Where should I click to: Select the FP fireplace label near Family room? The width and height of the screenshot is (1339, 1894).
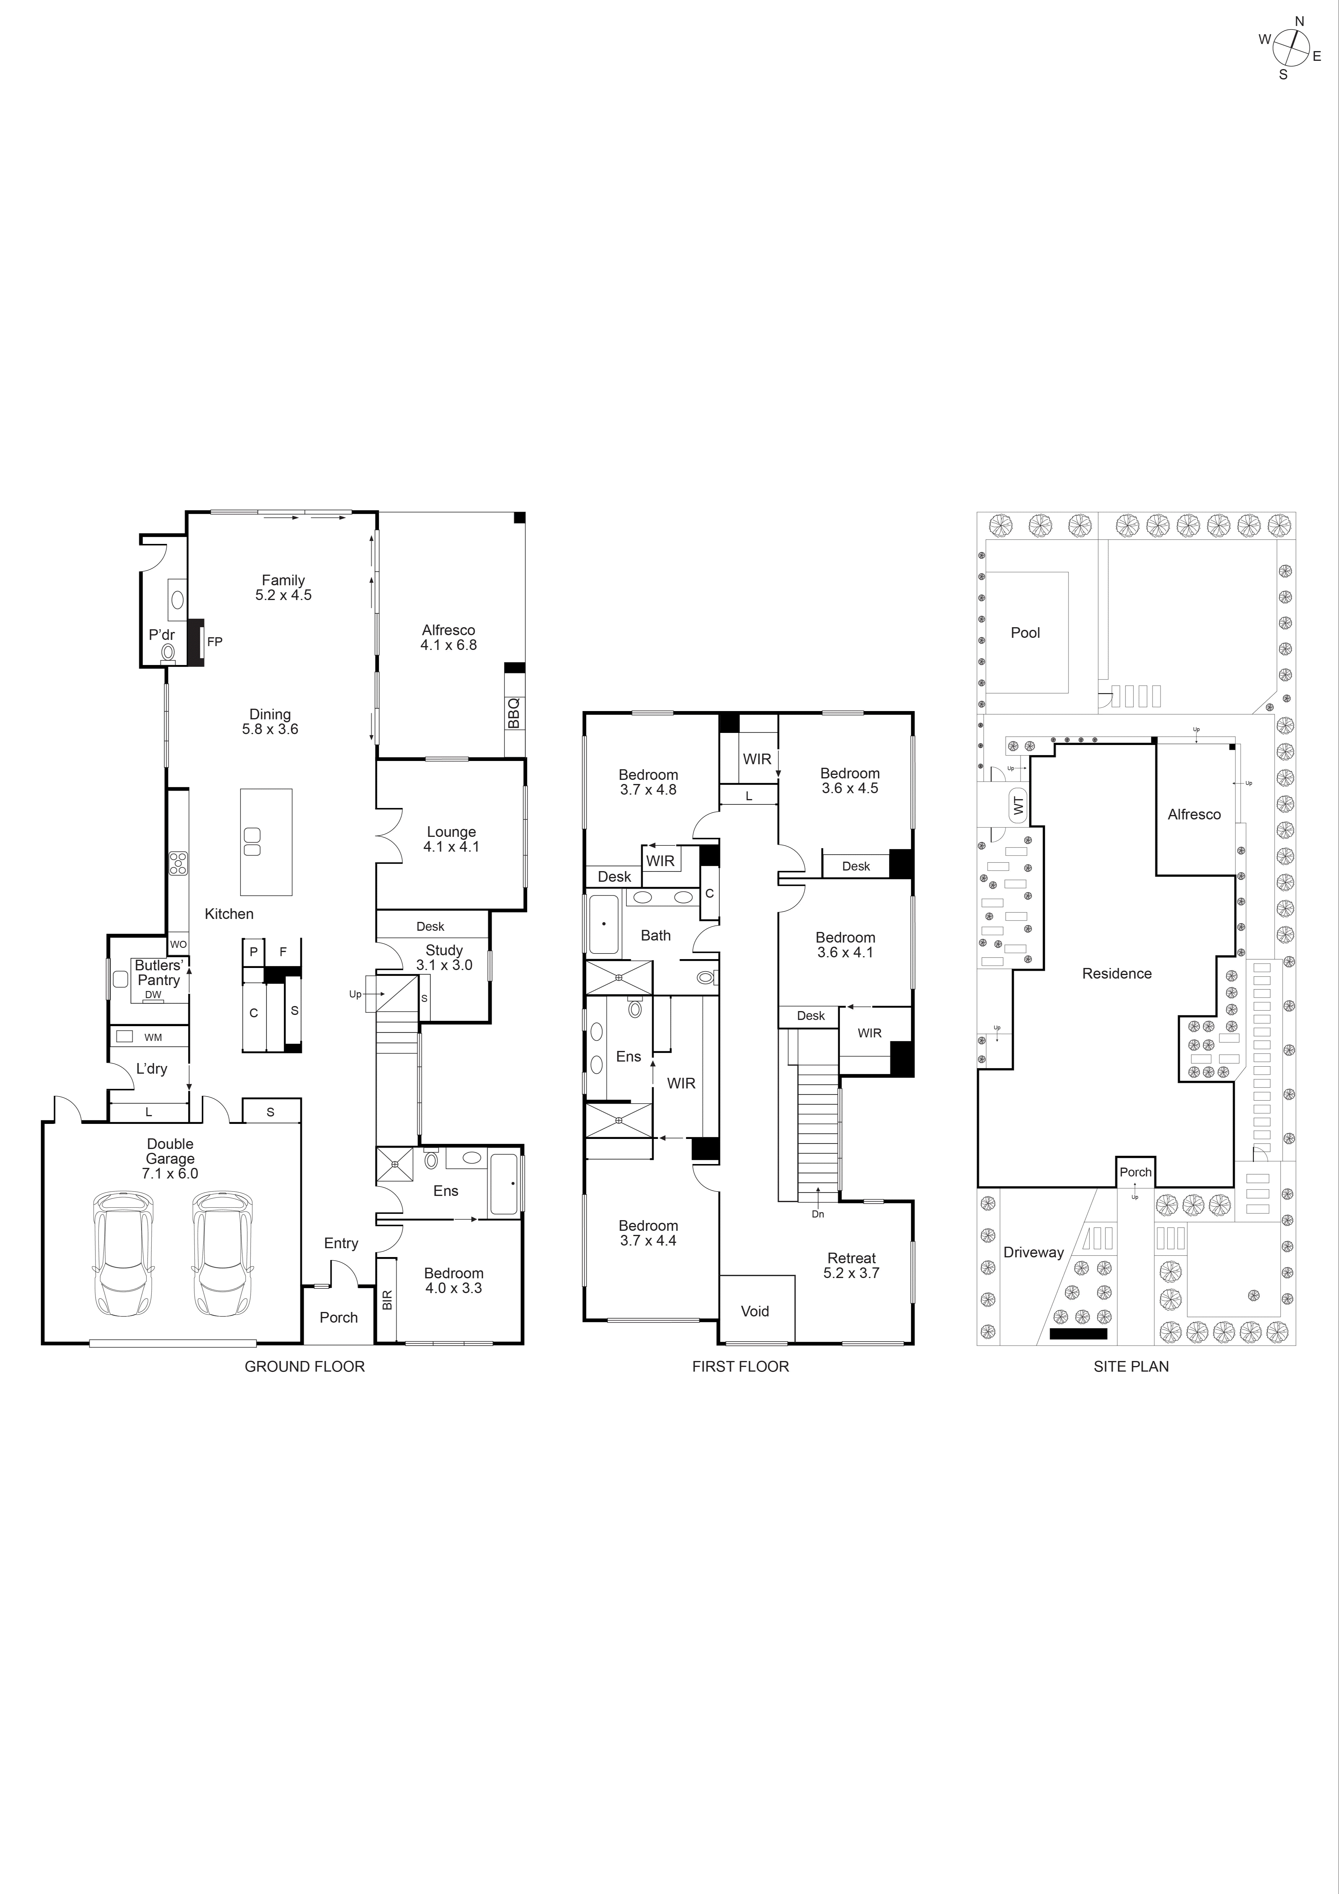[214, 641]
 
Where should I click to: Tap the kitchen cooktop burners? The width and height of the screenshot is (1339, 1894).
[177, 863]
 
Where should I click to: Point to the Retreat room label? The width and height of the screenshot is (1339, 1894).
[852, 1258]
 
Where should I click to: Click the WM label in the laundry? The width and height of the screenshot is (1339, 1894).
[153, 1037]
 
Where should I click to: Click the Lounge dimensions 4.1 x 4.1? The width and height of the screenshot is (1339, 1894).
[451, 846]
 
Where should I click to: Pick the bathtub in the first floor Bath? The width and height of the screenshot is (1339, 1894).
[604, 924]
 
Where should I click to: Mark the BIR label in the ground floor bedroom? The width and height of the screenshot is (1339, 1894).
[387, 1300]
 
